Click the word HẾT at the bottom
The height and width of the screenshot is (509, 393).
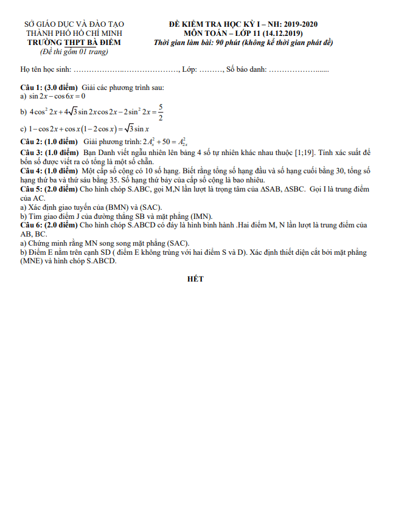pos(196,279)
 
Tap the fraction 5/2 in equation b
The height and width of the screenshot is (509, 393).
pos(160,112)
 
